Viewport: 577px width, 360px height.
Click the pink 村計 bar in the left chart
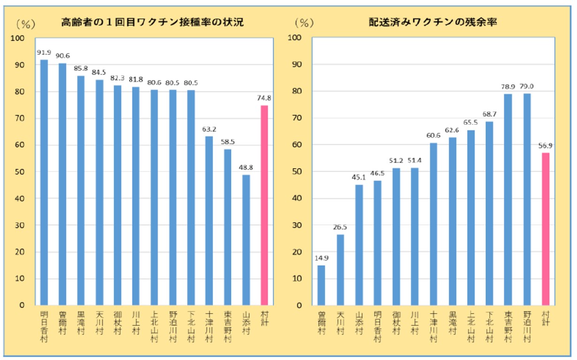(x=264, y=205)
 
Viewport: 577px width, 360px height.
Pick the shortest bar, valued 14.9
(x=321, y=285)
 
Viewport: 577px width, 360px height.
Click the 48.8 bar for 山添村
(x=246, y=240)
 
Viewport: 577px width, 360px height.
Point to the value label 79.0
(x=527, y=86)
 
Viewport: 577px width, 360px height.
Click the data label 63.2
(x=209, y=129)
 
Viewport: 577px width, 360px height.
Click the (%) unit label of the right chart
(x=304, y=22)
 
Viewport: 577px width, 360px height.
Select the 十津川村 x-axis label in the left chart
(x=209, y=326)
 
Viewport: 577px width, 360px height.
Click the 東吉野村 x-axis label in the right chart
(x=508, y=326)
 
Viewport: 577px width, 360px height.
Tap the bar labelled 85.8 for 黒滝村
(x=81, y=190)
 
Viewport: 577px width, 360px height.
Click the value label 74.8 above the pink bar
(x=265, y=98)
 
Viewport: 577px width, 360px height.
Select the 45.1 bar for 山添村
(x=359, y=245)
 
